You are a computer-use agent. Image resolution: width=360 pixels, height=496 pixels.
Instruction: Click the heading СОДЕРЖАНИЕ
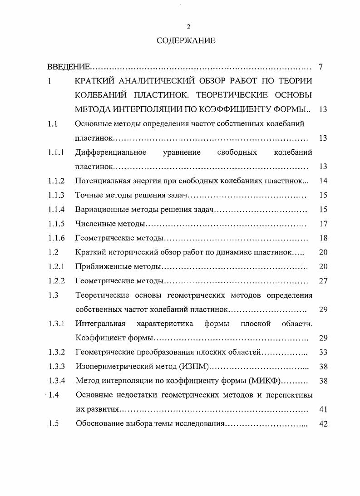click(186, 41)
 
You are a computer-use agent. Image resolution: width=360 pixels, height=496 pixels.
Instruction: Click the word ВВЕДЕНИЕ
click(69, 68)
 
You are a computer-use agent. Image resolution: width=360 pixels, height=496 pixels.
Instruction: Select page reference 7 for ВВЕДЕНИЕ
click(321, 68)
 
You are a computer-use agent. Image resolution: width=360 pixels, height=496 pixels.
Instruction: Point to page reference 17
click(323, 224)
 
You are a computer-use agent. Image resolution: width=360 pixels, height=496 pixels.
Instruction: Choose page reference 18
click(323, 238)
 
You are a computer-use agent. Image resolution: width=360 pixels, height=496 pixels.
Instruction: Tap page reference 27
click(323, 281)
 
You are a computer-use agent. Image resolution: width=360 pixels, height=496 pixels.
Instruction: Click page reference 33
click(323, 352)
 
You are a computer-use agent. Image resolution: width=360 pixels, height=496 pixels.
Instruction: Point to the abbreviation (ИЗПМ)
click(192, 367)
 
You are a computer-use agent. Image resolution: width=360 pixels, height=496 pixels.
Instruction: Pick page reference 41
click(323, 409)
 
